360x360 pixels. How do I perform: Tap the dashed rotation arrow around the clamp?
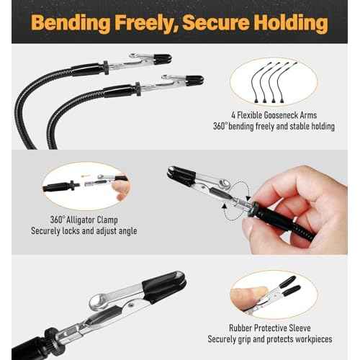[237, 204]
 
